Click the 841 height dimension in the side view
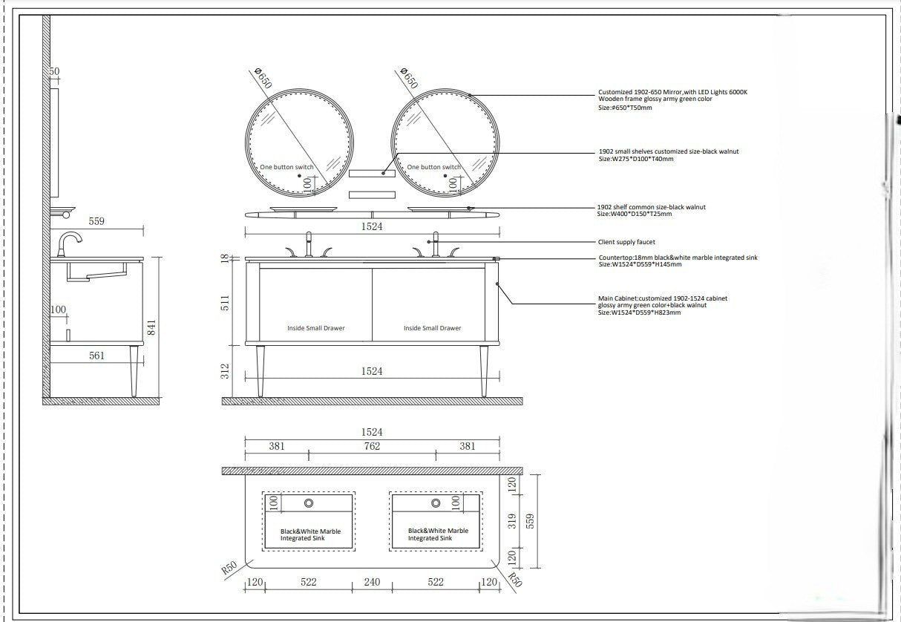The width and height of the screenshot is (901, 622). click(151, 327)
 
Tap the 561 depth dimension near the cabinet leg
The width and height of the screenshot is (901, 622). click(96, 356)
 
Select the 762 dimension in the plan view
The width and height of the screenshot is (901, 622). click(372, 446)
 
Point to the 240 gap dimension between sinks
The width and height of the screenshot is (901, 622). click(372, 582)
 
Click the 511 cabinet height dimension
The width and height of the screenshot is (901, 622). click(225, 303)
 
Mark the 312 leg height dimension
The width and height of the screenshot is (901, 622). click(225, 371)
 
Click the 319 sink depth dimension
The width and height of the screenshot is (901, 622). click(511, 521)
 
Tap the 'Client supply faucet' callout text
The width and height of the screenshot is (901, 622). click(626, 242)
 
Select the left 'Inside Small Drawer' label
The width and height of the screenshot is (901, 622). click(315, 328)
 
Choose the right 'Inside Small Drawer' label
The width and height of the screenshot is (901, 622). click(433, 328)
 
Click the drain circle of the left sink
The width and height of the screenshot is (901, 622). click(309, 503)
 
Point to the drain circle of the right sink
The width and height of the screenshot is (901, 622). click(436, 503)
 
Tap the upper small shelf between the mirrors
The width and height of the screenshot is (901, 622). click(372, 174)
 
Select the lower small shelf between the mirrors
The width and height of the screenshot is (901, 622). click(372, 194)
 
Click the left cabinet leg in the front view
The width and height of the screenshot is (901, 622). click(261, 371)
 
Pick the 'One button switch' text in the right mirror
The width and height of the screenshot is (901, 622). click(433, 167)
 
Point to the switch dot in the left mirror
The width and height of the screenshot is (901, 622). click(299, 176)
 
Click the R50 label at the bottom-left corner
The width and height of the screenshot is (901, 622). click(229, 568)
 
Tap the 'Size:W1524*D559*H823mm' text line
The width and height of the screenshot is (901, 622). click(639, 312)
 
